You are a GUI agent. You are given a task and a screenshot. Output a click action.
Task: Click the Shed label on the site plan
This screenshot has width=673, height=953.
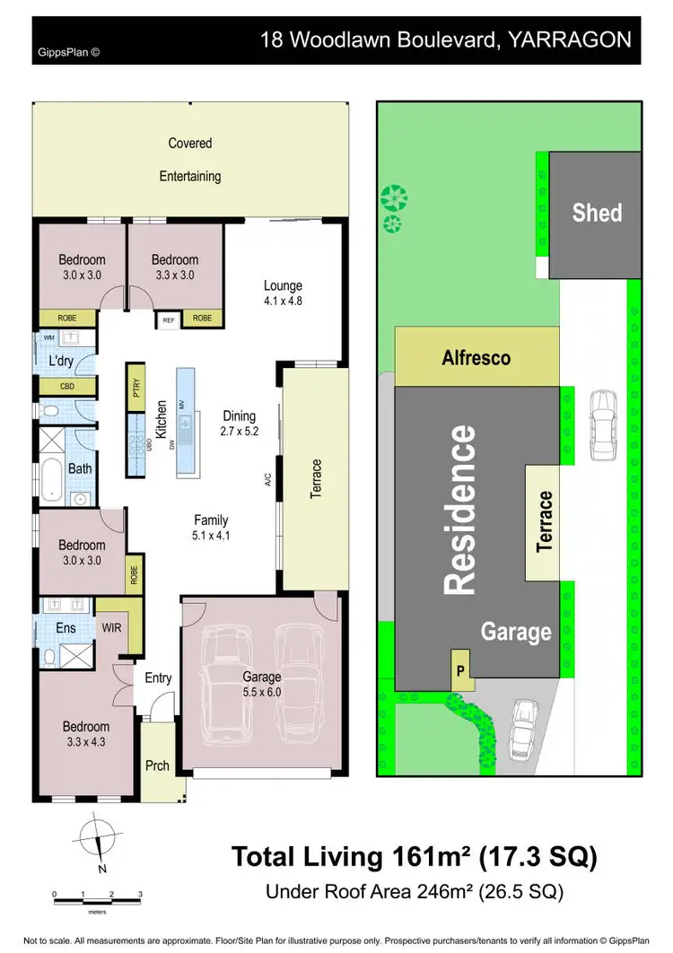(x=597, y=213)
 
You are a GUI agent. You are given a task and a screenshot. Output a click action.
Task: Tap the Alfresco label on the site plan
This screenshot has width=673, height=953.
(x=476, y=357)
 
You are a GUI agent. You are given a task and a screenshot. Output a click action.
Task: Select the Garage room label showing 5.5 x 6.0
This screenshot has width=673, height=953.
(x=261, y=685)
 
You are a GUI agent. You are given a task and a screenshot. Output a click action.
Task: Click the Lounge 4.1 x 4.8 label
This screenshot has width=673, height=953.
(x=283, y=293)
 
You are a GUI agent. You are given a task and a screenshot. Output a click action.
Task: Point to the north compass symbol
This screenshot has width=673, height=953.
(x=99, y=842)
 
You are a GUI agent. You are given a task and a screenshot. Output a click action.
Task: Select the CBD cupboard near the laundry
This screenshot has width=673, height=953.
(x=67, y=387)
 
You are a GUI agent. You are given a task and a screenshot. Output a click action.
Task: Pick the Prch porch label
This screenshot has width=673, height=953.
(x=157, y=765)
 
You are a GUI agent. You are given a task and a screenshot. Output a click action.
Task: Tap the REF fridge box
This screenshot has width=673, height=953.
(x=168, y=319)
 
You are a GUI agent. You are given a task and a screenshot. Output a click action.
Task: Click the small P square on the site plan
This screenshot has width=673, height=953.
(x=459, y=670)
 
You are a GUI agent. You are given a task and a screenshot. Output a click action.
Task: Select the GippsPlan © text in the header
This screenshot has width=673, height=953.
(x=68, y=52)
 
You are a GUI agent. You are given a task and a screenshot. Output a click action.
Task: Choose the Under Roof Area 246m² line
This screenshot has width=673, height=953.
(x=414, y=892)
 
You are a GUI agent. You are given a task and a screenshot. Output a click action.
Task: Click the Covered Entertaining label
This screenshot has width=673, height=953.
(x=190, y=160)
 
